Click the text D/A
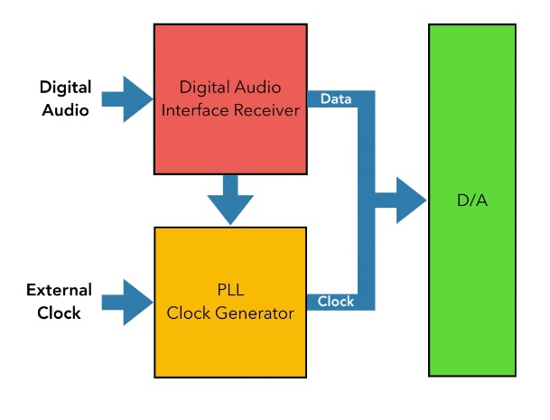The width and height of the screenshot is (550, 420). click(x=471, y=201)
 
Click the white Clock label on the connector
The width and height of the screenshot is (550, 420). click(x=336, y=302)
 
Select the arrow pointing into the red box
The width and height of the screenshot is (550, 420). click(x=126, y=98)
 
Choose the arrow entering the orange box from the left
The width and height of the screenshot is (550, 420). click(x=126, y=302)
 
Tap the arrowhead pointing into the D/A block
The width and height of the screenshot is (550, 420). click(x=411, y=200)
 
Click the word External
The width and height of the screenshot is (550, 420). click(x=59, y=291)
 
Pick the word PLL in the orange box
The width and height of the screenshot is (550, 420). click(x=229, y=292)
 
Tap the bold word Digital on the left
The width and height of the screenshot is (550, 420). click(x=66, y=88)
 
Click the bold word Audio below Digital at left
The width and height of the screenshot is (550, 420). click(x=65, y=110)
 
